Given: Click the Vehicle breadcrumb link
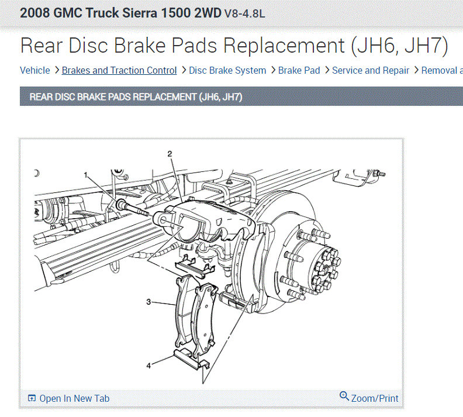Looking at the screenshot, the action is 35,70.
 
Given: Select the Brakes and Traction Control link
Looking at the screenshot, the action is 119,70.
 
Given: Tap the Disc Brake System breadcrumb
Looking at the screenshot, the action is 227,70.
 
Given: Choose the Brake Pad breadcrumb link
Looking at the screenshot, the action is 299,70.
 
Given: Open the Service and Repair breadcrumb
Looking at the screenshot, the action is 371,70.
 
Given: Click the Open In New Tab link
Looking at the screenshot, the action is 74,398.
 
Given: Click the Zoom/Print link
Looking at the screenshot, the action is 375,398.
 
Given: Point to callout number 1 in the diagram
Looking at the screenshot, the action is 85,175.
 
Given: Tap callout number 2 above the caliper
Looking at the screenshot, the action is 170,154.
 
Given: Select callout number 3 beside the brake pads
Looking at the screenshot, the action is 148,302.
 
